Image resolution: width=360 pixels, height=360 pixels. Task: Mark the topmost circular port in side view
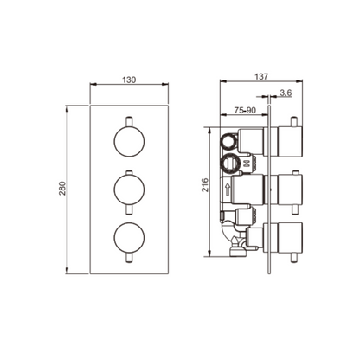(x=230, y=140)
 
